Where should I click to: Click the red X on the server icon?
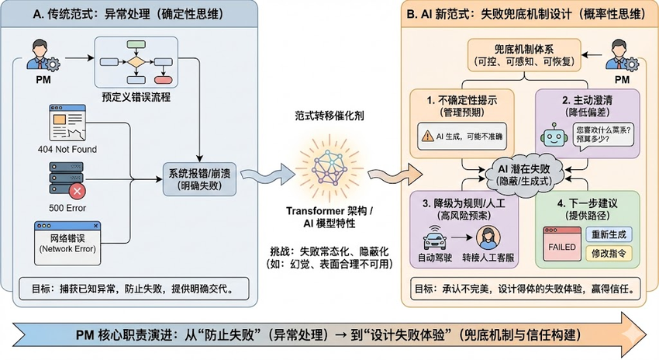(x=78, y=189)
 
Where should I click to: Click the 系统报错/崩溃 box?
(x=199, y=178)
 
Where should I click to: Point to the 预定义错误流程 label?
(x=137, y=97)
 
